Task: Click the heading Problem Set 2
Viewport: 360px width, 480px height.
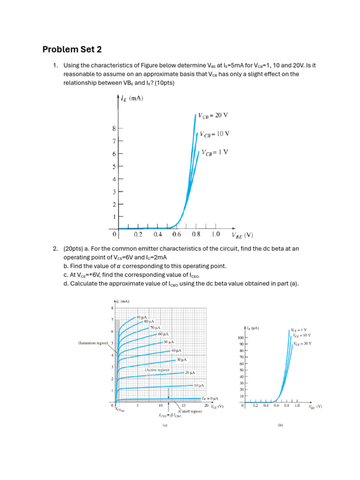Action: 72,49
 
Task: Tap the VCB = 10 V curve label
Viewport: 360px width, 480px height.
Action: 214,134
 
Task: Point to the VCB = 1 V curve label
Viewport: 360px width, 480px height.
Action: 216,152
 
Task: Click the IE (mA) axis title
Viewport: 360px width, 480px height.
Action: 132,98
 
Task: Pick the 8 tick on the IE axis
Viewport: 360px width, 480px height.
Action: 114,128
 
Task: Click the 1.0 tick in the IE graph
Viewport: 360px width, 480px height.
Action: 216,234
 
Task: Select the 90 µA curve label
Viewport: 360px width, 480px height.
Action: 142,317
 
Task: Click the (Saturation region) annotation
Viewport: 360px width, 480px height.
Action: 93,343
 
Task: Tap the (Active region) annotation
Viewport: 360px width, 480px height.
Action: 157,370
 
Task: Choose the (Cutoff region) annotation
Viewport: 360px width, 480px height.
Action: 190,411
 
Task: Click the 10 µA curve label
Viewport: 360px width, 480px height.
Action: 199,385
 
